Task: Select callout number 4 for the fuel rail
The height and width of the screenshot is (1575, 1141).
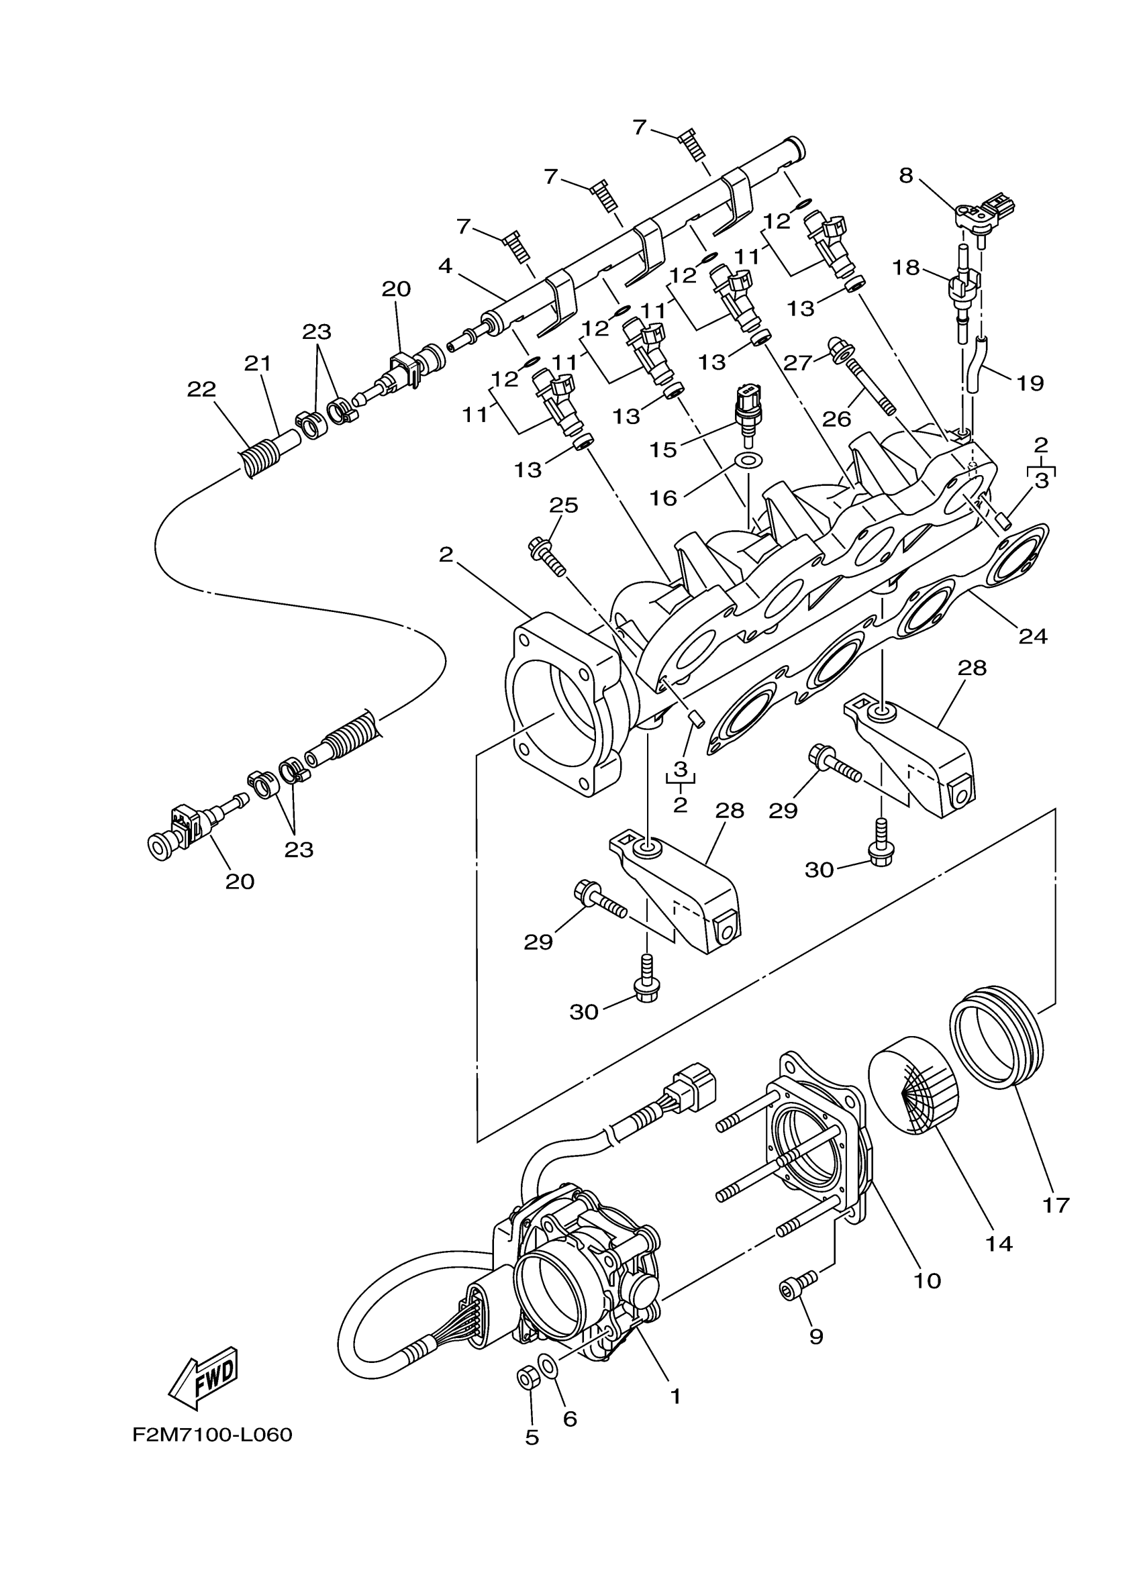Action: pyautogui.click(x=445, y=266)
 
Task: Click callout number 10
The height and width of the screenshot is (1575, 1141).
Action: pyautogui.click(x=927, y=1280)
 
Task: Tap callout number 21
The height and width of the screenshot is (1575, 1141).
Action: pyautogui.click(x=258, y=363)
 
